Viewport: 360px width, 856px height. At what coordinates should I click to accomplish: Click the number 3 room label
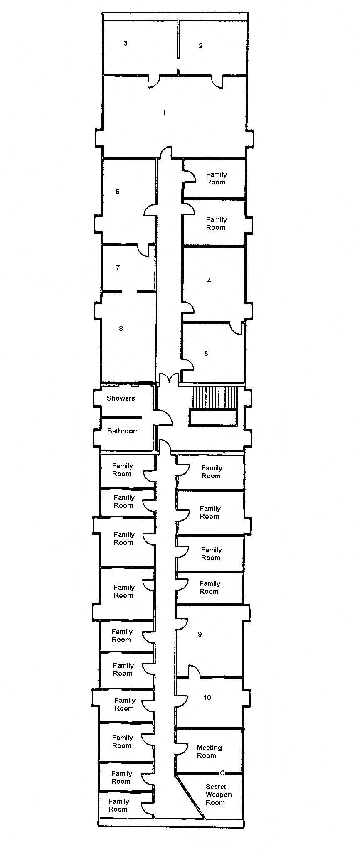coord(126,43)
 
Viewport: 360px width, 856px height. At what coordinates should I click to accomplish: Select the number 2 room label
coord(201,46)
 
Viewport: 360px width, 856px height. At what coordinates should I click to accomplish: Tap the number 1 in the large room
coord(164,113)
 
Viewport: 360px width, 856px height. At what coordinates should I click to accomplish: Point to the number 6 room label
coord(118,192)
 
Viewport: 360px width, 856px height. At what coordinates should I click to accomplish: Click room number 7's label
coord(118,268)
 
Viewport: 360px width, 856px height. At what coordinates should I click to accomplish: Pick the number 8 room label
coord(121,328)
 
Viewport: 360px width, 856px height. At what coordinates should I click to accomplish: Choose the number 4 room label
coord(209,281)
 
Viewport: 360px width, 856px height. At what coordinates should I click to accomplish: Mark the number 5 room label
coord(206,354)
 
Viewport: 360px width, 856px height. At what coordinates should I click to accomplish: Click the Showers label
coord(121,398)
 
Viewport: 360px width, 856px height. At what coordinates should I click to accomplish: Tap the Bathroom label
coord(123,431)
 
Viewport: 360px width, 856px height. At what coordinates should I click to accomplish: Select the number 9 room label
coord(200,634)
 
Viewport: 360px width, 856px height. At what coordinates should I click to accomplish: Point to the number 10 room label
coord(207,698)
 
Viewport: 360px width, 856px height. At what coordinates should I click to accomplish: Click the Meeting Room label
coord(209,752)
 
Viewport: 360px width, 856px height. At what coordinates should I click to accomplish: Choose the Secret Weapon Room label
coord(218,795)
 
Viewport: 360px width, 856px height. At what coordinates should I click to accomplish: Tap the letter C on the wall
coord(222,773)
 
